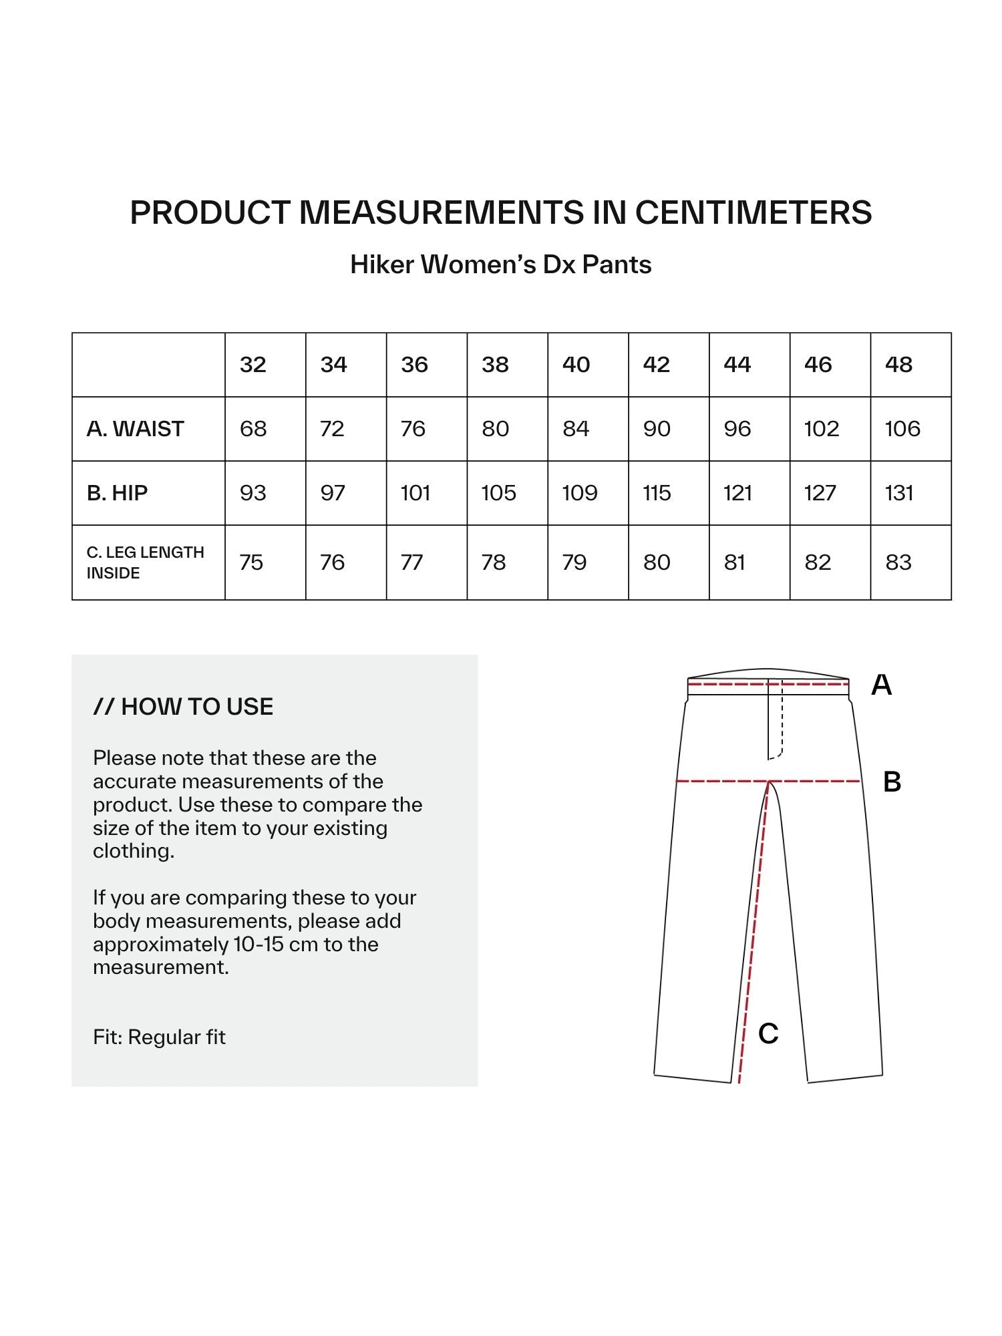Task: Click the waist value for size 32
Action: coord(253,429)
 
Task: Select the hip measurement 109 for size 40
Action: coord(579,493)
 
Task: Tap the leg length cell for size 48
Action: coord(898,562)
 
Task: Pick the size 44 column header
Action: coord(737,365)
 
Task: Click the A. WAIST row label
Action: coord(135,429)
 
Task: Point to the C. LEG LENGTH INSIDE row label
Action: coord(145,562)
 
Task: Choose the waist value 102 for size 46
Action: coord(821,429)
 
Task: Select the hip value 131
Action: coord(898,493)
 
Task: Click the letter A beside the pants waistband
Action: coord(881,685)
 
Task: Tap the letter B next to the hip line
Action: coord(892,782)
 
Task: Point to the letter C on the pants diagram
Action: coord(768,1033)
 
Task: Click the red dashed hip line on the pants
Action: coord(721,781)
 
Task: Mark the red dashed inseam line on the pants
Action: coord(754,935)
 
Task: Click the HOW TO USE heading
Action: coord(184,707)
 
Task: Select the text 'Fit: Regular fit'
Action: coord(159,1037)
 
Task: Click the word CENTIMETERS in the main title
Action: coord(753,212)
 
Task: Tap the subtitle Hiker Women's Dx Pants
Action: coord(501,265)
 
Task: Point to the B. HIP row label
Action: coord(117,493)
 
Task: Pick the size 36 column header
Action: coord(414,365)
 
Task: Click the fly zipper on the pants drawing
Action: coord(775,721)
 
